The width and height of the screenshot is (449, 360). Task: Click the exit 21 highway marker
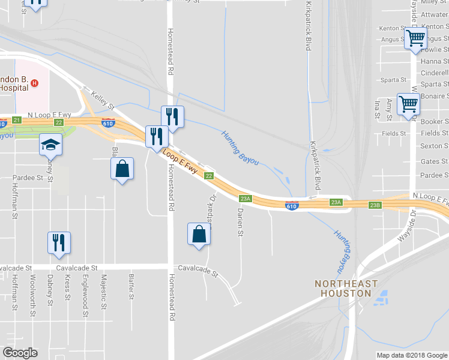(x=16, y=121)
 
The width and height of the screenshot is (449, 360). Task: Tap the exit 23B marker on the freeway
(x=375, y=205)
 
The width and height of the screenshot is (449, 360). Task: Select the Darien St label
(x=241, y=223)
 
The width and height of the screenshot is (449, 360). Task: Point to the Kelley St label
(x=102, y=100)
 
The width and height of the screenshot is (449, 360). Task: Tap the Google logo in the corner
(x=20, y=353)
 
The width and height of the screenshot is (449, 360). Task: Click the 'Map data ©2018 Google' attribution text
(x=412, y=355)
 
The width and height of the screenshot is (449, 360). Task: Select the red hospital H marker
(x=35, y=83)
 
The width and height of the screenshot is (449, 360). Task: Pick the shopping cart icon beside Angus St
(x=415, y=39)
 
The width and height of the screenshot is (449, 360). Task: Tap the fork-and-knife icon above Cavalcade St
(x=59, y=242)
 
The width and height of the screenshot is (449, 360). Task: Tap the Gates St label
(x=434, y=161)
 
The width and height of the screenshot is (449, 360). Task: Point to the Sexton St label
(x=435, y=146)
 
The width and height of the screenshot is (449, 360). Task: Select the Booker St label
(x=435, y=121)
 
